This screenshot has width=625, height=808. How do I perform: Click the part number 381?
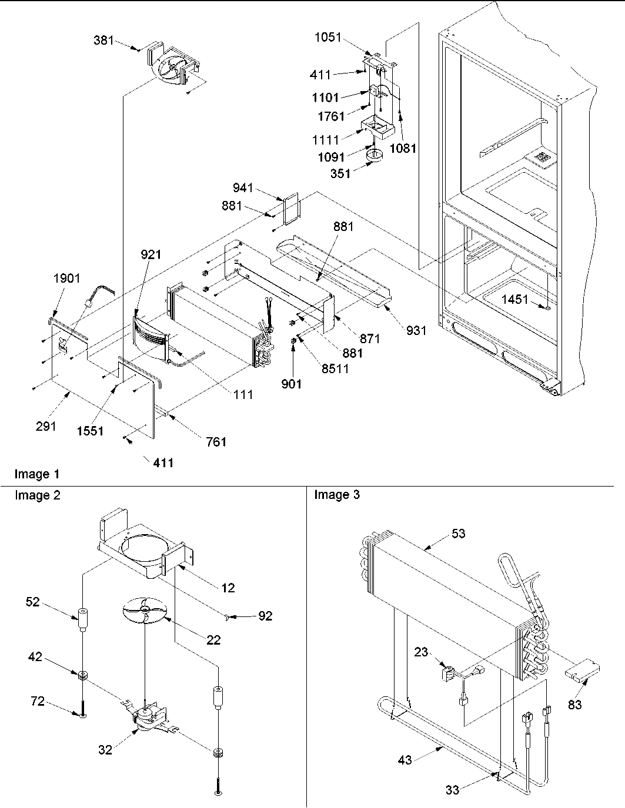pyautogui.click(x=103, y=41)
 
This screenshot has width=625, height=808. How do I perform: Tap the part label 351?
pyautogui.click(x=340, y=173)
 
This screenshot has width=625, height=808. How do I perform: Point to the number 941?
pyautogui.click(x=242, y=188)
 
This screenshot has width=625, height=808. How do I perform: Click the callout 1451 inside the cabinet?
pyautogui.click(x=515, y=300)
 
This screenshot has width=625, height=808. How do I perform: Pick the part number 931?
pyautogui.click(x=416, y=331)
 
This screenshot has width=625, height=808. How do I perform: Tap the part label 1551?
pyautogui.click(x=90, y=431)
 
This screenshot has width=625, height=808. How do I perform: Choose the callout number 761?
pyautogui.click(x=216, y=442)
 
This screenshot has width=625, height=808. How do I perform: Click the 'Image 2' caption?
pyautogui.click(x=37, y=495)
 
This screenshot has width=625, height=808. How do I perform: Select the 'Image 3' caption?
pyautogui.click(x=336, y=495)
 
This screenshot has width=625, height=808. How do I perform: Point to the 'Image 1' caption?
pyautogui.click(x=37, y=474)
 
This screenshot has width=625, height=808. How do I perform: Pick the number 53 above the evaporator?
pyautogui.click(x=459, y=533)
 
